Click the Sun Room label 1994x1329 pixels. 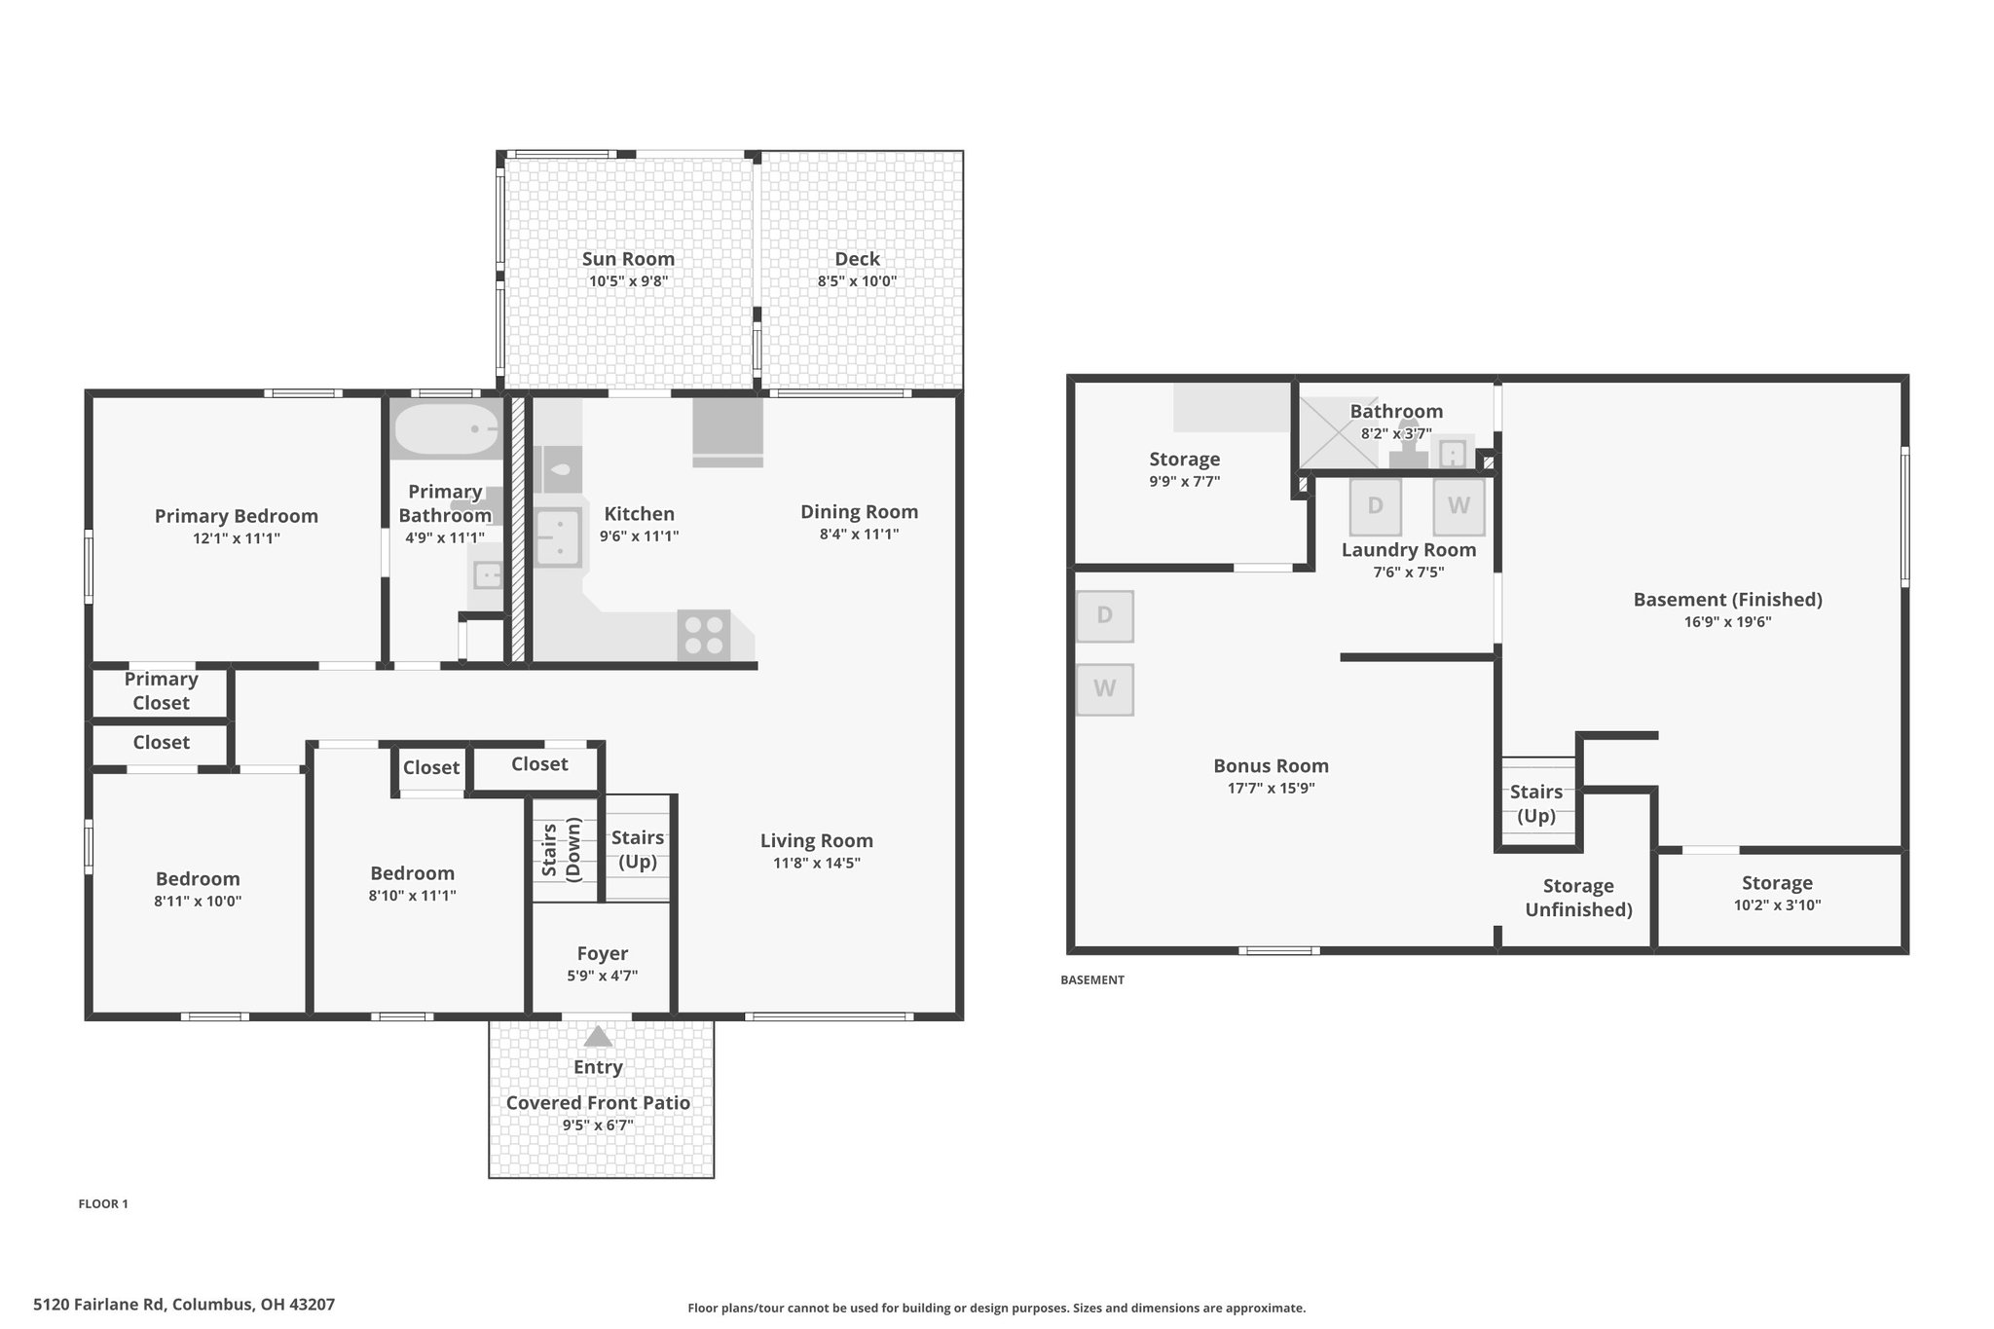point(628,259)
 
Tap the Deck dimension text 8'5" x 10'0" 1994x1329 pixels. point(857,281)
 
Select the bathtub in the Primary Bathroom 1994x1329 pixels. point(446,428)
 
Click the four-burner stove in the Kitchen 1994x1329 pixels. point(703,635)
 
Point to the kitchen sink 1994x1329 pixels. point(558,537)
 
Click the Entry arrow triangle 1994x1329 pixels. point(598,1036)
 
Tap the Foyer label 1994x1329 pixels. point(602,954)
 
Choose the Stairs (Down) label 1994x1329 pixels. point(561,850)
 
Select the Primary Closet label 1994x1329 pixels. point(161,691)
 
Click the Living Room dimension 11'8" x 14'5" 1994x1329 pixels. point(816,863)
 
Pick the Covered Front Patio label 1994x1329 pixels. point(598,1102)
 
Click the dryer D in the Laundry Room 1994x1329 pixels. point(1375,506)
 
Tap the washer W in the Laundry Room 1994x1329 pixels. point(1459,506)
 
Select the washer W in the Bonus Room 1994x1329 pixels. point(1104,689)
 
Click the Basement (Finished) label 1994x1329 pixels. point(1727,600)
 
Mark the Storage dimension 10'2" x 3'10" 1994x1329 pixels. point(1777,905)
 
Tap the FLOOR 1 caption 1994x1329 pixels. point(103,1203)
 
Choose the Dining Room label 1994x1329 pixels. point(859,512)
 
